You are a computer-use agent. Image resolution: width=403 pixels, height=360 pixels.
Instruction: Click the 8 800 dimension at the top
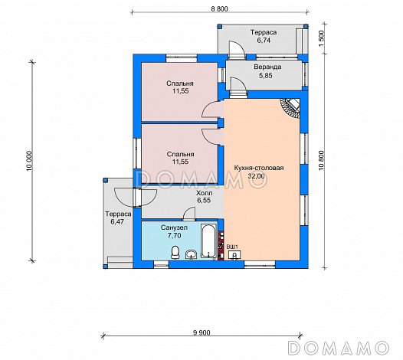[219, 9]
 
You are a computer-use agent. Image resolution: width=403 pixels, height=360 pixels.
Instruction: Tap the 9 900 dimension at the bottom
[202, 332]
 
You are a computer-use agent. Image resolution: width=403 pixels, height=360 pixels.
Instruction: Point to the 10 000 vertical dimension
[29, 161]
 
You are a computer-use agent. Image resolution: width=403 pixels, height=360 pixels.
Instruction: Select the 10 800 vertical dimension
[321, 161]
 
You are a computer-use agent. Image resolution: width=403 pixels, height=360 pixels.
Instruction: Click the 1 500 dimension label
[321, 38]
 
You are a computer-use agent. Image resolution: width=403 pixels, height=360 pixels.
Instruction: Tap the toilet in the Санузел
[175, 252]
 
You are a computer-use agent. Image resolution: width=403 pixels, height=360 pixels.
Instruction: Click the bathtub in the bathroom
[208, 241]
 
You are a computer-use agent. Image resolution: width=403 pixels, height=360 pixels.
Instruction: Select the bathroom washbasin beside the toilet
[191, 254]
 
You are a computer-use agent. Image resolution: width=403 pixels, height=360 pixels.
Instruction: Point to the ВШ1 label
[232, 247]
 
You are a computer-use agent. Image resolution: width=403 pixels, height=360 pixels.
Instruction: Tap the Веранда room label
[267, 67]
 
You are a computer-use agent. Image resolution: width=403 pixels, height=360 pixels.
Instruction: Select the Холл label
[205, 193]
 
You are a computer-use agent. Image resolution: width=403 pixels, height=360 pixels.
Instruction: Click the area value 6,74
[264, 40]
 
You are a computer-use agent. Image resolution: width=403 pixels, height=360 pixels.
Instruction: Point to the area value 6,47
[117, 221]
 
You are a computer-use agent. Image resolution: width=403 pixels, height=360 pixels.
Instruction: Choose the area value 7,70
[174, 235]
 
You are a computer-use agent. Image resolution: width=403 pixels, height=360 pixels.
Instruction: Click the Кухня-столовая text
[258, 168]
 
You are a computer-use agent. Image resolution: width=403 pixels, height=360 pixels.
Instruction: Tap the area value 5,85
[266, 76]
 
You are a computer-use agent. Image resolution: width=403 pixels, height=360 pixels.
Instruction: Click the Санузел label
[174, 227]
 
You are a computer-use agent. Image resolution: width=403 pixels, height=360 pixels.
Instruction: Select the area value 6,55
[204, 201]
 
